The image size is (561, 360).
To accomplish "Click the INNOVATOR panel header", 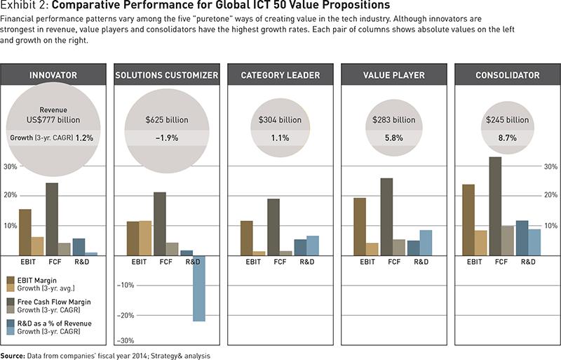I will tap(53, 74).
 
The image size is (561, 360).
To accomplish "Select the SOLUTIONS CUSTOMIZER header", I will tap(166, 74).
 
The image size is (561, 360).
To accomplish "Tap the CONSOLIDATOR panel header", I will tap(506, 74).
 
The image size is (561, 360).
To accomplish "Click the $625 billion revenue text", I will tap(166, 120).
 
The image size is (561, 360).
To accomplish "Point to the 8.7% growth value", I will tap(507, 138).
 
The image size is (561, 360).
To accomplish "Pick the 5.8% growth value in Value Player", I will tap(393, 138).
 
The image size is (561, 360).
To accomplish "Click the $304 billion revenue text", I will tap(280, 120).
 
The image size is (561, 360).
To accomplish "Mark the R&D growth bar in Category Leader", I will tap(312, 245).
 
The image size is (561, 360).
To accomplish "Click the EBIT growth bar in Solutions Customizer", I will tap(145, 238).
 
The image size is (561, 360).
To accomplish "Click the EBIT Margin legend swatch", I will tap(11, 280).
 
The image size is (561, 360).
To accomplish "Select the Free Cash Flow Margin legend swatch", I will tap(11, 302).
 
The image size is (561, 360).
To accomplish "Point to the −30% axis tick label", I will tap(126, 341).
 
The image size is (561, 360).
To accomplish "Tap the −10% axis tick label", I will tap(126, 285).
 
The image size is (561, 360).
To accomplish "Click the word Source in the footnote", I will tap(13, 356).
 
